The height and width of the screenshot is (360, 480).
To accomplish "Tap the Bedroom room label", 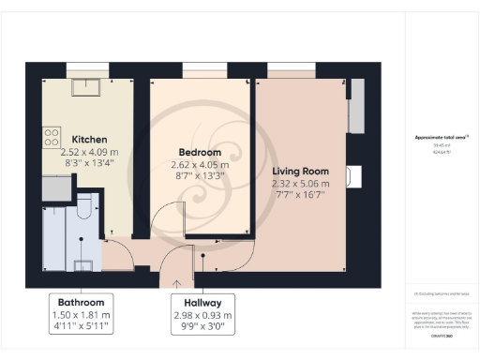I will tap(200, 152).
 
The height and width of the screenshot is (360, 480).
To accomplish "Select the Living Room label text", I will tap(300, 172).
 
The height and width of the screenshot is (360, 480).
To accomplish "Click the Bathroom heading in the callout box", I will tap(81, 303).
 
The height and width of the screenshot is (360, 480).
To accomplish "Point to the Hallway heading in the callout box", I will tap(202, 303).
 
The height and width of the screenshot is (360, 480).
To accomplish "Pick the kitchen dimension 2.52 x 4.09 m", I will tap(89, 151).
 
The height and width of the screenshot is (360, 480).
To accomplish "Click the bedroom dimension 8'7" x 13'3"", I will tap(200, 174).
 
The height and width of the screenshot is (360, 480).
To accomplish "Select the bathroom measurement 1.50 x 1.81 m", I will tap(81, 315).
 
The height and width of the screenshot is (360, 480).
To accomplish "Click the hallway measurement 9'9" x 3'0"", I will tap(202, 327).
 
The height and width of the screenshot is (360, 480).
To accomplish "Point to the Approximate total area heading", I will tap(441, 137).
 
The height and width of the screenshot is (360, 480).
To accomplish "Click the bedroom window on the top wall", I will tap(199, 70).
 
